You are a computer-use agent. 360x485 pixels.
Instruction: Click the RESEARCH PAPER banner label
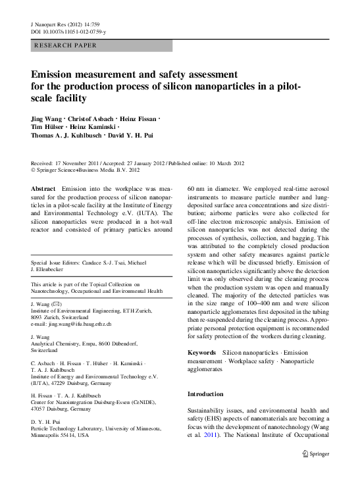pyautogui.click(x=64, y=45)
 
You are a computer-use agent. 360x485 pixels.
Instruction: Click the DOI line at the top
pyautogui.click(x=69, y=31)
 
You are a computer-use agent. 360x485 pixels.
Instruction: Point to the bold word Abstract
pyautogui.click(x=43, y=188)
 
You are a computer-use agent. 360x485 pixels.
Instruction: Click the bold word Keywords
pyautogui.click(x=201, y=353)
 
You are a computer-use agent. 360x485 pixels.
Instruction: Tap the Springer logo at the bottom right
pyautogui.click(x=316, y=453)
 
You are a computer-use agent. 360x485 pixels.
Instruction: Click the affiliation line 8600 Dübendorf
pyautogui.click(x=78, y=345)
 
